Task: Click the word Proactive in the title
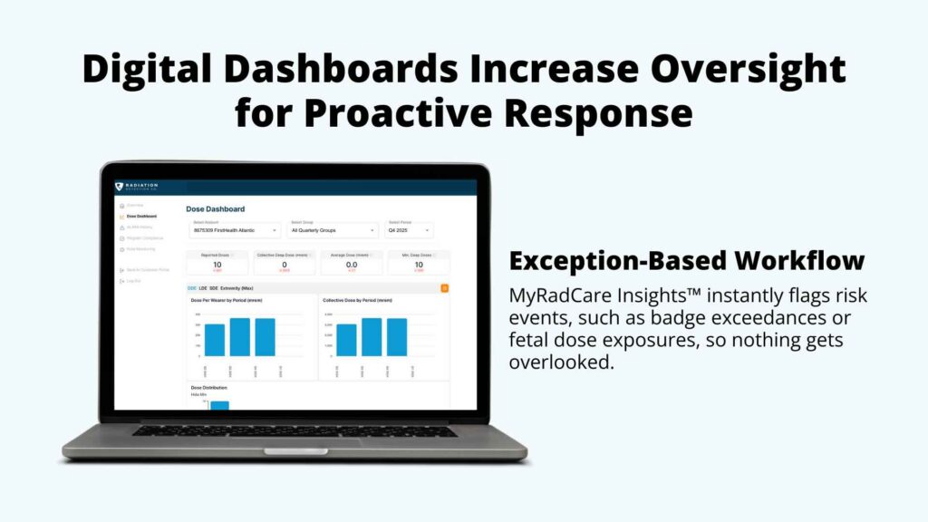pyautogui.click(x=420, y=115)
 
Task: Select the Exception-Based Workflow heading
pyautogui.click(x=686, y=261)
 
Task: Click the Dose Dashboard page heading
pyautogui.click(x=215, y=209)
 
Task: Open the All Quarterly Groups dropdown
pyautogui.click(x=333, y=230)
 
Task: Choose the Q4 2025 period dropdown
pyautogui.click(x=410, y=230)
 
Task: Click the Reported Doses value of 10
pyautogui.click(x=217, y=264)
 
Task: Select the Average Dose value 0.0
pyautogui.click(x=351, y=264)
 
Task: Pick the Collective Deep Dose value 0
pyautogui.click(x=285, y=264)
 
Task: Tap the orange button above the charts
pyautogui.click(x=444, y=287)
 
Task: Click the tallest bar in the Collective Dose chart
pyautogui.click(x=372, y=336)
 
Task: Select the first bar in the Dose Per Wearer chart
pyautogui.click(x=215, y=340)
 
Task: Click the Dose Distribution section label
pyautogui.click(x=208, y=387)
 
